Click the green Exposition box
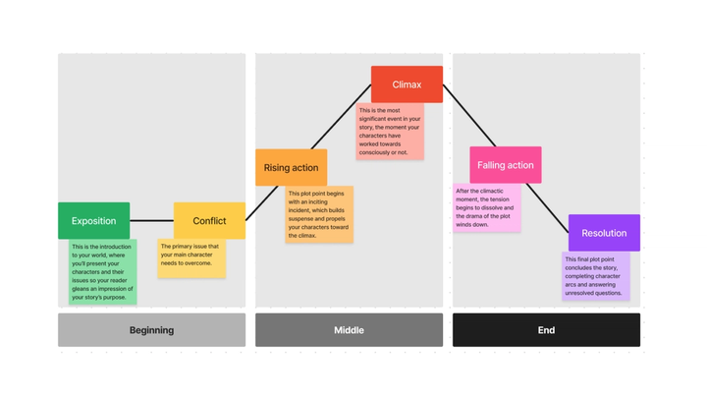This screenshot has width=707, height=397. tap(93, 221)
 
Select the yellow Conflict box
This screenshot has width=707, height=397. tap(209, 221)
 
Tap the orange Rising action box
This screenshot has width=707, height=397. tap(291, 168)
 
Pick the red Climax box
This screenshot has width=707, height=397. tap(407, 85)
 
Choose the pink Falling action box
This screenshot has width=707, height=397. tap(505, 165)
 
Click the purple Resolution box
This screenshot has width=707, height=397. tap(604, 233)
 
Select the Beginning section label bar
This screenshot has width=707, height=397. tap(151, 330)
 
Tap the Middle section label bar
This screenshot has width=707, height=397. tap(349, 330)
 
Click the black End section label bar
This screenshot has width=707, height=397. tap(546, 330)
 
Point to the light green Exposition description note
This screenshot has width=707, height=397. tap(103, 271)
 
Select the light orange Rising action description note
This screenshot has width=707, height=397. tap(319, 215)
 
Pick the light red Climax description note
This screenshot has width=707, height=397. tap(390, 132)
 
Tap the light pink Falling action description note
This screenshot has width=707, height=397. tap(486, 207)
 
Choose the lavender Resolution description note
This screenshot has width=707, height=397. tap(596, 276)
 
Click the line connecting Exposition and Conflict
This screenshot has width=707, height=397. tap(151, 221)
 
